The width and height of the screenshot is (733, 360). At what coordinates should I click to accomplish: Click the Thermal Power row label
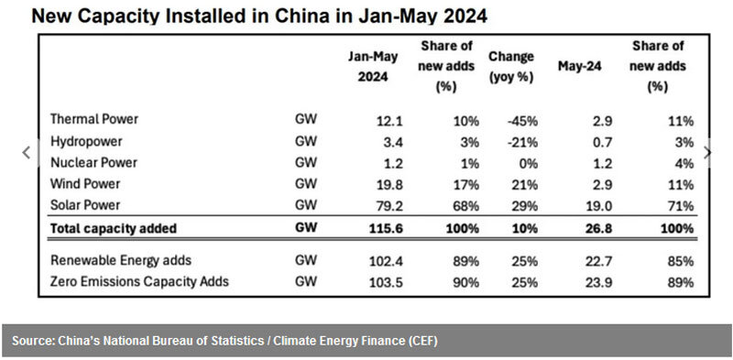(x=94, y=119)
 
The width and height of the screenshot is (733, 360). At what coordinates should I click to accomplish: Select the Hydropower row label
(x=86, y=141)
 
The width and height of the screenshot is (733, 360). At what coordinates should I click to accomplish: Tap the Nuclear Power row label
(x=94, y=163)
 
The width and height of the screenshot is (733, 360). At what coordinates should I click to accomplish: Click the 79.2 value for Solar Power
(x=389, y=206)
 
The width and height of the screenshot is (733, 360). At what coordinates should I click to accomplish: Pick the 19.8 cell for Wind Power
(x=389, y=185)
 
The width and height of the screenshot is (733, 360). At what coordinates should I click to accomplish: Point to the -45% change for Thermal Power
(x=522, y=122)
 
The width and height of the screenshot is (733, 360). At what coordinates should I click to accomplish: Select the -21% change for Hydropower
(x=522, y=143)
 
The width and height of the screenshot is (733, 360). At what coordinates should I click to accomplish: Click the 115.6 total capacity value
(x=386, y=229)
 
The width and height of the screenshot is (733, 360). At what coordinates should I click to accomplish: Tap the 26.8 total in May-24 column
(x=599, y=229)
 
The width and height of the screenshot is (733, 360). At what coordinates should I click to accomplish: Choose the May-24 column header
(x=580, y=66)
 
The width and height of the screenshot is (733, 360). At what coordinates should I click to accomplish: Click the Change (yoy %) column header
(x=511, y=66)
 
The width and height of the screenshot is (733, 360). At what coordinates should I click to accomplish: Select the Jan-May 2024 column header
(x=373, y=66)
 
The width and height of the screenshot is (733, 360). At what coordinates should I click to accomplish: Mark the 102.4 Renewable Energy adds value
(x=386, y=261)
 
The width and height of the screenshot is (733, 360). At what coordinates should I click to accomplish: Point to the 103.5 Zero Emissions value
(x=386, y=282)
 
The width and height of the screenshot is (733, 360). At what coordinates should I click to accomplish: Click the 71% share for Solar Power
(x=681, y=206)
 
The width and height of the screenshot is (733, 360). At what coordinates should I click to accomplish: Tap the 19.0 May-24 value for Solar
(x=599, y=206)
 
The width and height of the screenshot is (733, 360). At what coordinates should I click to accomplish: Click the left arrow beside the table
(x=27, y=152)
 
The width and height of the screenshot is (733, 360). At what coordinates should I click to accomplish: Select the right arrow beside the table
(x=707, y=152)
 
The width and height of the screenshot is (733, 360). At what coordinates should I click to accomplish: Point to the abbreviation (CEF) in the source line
(x=422, y=341)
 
